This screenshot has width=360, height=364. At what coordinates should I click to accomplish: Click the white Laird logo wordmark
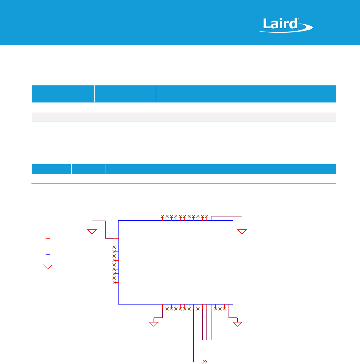click(281, 24)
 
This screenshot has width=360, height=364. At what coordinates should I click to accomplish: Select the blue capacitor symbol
click(48, 254)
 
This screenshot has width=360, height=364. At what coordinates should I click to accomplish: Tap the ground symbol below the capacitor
click(48, 267)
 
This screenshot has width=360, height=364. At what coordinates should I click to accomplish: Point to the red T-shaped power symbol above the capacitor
click(48, 239)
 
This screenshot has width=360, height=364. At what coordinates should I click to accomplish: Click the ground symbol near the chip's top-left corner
click(92, 231)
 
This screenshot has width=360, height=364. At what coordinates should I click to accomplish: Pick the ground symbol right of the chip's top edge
click(242, 232)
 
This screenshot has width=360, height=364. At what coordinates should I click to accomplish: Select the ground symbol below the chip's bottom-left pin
click(154, 324)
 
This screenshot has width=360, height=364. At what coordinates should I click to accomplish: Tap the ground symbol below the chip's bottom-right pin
click(238, 324)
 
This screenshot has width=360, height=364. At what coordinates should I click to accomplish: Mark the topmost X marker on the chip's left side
click(114, 247)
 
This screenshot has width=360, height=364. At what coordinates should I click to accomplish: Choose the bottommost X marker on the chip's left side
click(114, 282)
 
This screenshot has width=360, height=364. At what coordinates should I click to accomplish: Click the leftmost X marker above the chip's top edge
click(163, 216)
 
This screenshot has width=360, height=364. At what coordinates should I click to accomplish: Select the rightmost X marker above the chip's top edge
click(207, 216)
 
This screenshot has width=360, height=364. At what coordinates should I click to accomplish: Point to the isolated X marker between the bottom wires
click(198, 309)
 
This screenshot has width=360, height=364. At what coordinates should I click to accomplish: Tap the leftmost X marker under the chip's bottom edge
click(167, 309)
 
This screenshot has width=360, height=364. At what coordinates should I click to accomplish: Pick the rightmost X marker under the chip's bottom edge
click(224, 309)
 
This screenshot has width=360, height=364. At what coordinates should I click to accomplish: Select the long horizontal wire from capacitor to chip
click(82, 243)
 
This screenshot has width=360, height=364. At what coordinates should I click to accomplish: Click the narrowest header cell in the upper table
click(146, 94)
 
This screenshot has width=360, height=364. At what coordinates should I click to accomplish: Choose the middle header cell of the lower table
click(89, 169)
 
